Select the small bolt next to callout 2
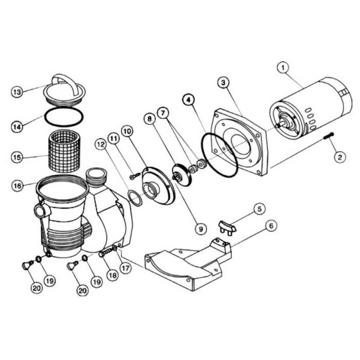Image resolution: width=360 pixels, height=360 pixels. click(222, 83)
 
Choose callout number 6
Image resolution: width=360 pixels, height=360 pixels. click(163, 111)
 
